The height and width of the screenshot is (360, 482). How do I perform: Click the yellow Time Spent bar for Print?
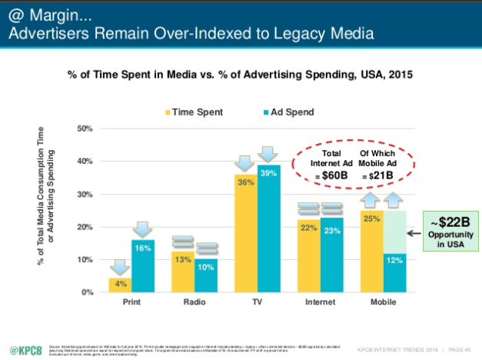click(x=120, y=285)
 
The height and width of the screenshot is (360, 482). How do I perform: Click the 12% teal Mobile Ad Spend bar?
click(x=394, y=273)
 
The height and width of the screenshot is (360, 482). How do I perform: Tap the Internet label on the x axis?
click(x=320, y=302)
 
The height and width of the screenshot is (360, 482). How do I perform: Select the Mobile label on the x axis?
click(x=382, y=302)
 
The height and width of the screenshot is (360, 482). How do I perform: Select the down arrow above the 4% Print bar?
click(x=120, y=267)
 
